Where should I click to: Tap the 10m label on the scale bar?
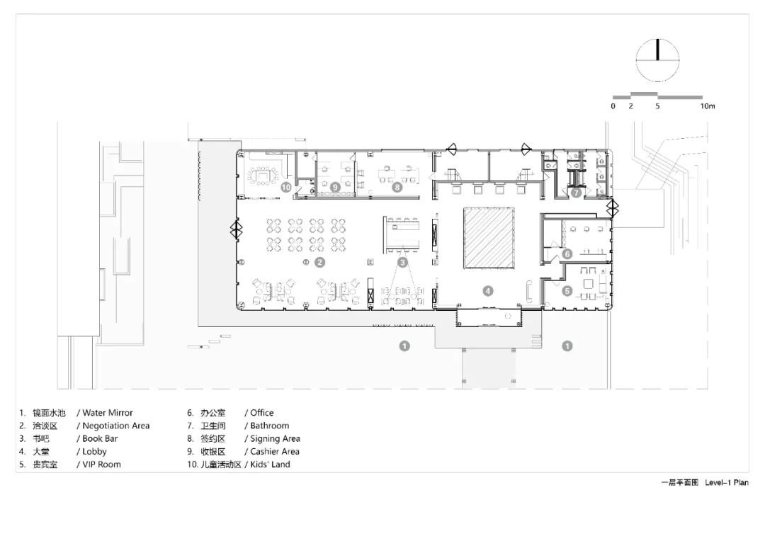[708, 106]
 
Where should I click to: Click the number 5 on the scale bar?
[657, 106]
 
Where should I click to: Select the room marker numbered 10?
[286, 187]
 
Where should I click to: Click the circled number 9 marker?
[334, 187]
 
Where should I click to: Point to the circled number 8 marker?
[397, 187]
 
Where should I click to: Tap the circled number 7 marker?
[576, 193]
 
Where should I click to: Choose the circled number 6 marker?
[567, 254]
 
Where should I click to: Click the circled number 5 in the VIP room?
[567, 291]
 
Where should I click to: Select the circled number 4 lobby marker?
[488, 291]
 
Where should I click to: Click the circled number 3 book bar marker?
[402, 263]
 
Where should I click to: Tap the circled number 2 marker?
[319, 263]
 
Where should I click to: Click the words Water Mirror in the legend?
[108, 413]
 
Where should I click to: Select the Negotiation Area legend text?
[116, 426]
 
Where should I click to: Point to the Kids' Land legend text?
[270, 465]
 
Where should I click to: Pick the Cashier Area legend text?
[275, 452]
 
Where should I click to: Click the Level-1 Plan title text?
[727, 482]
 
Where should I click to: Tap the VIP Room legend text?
[101, 465]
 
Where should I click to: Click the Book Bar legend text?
[100, 438]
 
